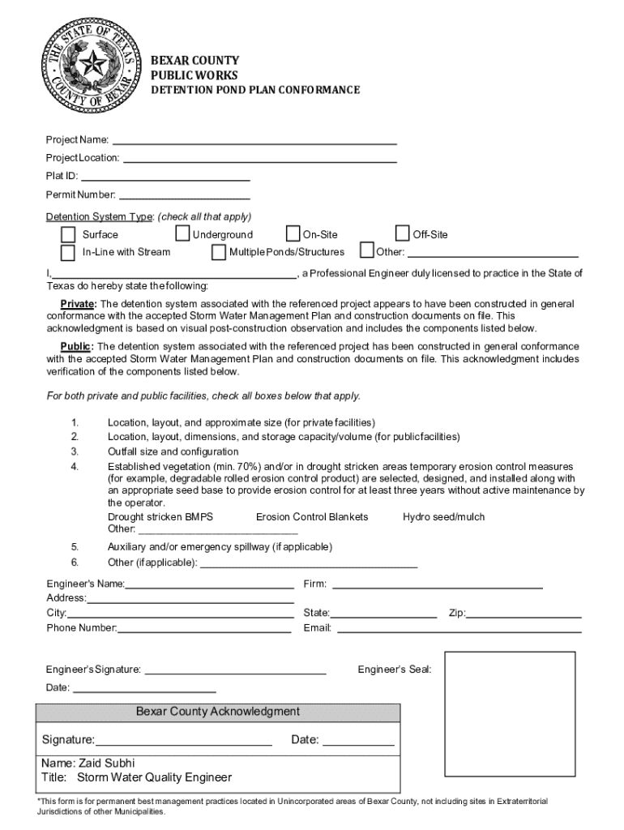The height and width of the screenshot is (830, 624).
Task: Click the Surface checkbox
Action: (x=68, y=234)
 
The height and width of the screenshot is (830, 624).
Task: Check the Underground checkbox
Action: (x=183, y=234)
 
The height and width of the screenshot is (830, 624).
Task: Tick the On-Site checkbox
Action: (x=293, y=234)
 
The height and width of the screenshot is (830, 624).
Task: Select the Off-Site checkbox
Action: (x=403, y=234)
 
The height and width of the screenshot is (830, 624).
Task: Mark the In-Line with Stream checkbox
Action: (x=68, y=251)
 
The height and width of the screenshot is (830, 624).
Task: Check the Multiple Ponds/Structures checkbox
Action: (x=218, y=251)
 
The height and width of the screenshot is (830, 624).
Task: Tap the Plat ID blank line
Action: (x=165, y=177)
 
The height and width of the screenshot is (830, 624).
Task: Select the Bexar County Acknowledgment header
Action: (x=218, y=712)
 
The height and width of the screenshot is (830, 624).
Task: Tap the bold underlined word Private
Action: (x=78, y=304)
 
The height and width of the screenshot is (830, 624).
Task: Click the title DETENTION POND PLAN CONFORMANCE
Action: (x=256, y=90)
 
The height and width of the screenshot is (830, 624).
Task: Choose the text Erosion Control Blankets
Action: (x=312, y=517)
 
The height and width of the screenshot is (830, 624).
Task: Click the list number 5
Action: (x=75, y=547)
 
